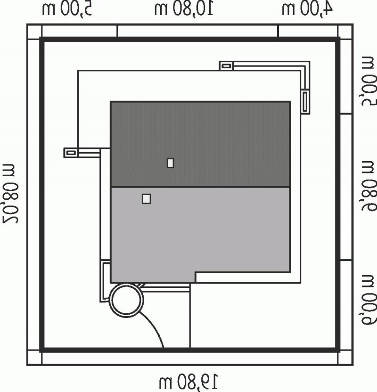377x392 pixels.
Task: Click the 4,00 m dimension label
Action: coord(307,8)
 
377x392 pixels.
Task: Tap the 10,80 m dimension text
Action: coord(184,8)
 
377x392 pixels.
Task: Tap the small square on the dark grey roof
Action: coord(171,163)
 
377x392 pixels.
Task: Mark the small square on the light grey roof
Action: coord(147,199)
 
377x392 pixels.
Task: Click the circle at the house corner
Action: coord(125,300)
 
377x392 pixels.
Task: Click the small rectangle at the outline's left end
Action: coord(71,152)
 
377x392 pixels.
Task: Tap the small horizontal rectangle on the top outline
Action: coord(227,65)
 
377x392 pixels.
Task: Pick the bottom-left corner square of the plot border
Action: coord(34,358)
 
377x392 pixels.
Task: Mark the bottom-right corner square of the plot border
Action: coord(345,358)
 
